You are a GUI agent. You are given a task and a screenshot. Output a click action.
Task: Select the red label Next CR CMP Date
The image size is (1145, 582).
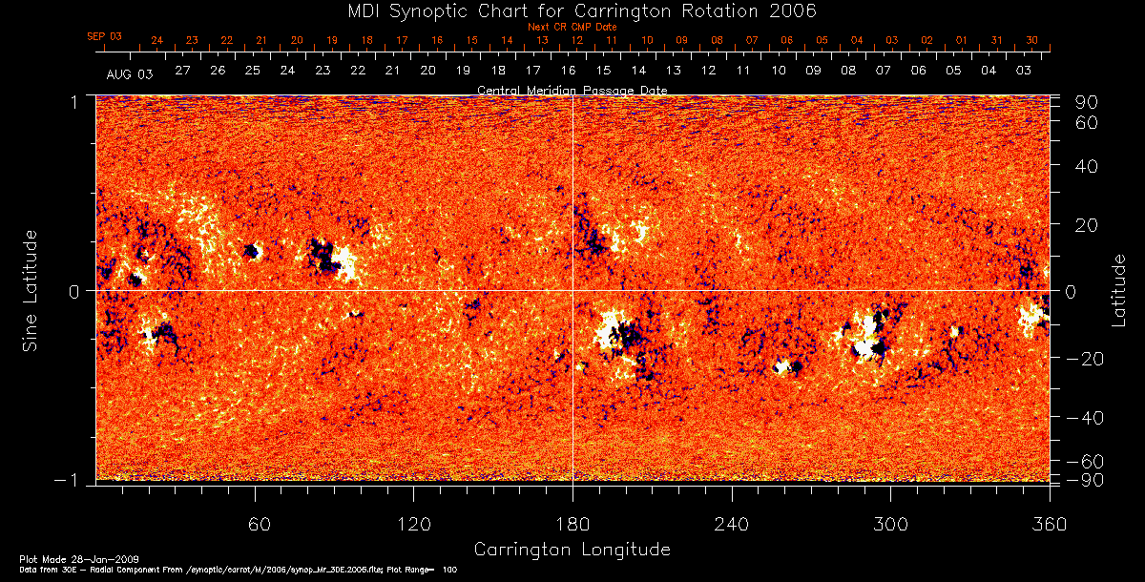tap(572, 28)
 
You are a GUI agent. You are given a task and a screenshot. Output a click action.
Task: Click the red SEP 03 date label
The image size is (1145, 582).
tap(105, 36)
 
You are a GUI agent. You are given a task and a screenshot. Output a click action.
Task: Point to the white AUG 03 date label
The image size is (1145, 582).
tap(130, 73)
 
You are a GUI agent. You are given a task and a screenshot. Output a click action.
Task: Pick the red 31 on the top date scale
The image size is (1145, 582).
tap(996, 41)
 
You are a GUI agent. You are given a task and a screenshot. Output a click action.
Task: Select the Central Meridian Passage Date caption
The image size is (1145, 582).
tap(572, 90)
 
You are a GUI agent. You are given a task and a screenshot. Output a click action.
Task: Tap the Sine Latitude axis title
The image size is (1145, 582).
tap(31, 290)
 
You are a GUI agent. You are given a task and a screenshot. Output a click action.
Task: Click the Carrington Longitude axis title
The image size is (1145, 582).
tap(572, 550)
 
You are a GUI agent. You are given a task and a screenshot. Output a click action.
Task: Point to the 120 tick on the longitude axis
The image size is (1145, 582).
tap(413, 525)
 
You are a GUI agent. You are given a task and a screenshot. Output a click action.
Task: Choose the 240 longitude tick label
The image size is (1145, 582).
tap(732, 525)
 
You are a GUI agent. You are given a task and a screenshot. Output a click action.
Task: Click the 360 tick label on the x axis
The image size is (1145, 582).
tap(1050, 525)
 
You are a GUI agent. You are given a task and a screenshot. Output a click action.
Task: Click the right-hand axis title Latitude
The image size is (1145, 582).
tap(1119, 290)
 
